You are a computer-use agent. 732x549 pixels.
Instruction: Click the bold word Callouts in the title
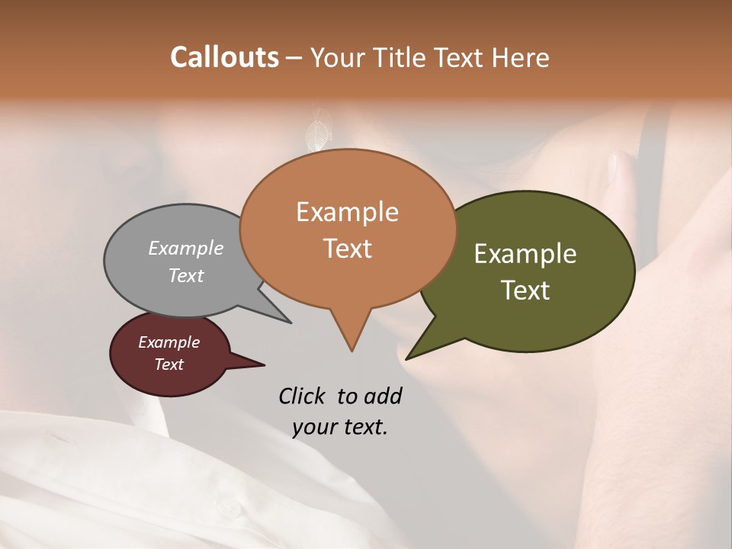point(224,57)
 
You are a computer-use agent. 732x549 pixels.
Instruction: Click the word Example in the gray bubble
point(186,248)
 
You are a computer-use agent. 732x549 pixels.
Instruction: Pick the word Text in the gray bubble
point(186,275)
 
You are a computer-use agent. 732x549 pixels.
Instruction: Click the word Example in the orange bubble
point(347,212)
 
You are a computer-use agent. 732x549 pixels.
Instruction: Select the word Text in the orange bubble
point(347,249)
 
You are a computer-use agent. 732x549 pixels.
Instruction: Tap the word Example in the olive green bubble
point(525,254)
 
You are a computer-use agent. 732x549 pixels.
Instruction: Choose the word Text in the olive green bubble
point(525,290)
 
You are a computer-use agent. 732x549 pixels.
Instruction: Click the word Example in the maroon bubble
point(169,342)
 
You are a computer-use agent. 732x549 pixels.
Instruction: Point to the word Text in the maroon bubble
point(169,364)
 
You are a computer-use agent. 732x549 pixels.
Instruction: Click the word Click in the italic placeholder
point(303,396)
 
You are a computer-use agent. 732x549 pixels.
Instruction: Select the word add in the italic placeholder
point(382,396)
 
